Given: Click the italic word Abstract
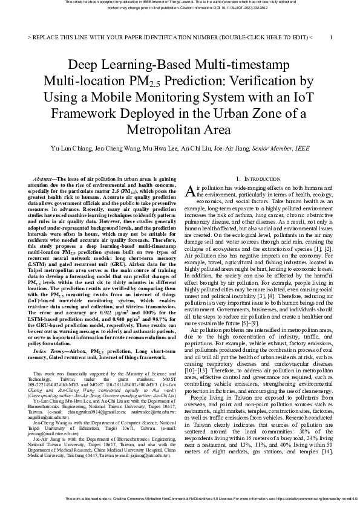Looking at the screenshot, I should (x=43, y=180).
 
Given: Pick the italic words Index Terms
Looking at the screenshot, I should (x=50, y=351).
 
